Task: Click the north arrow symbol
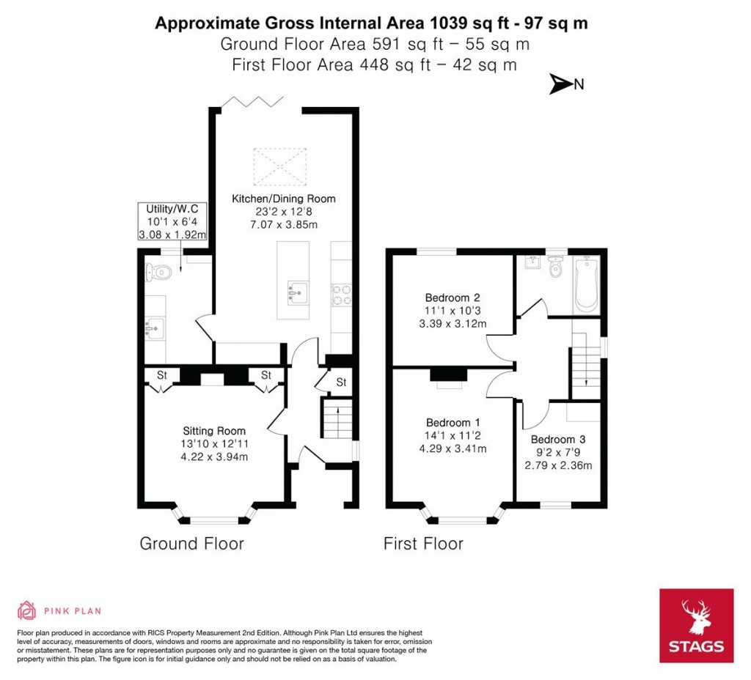click(x=561, y=84)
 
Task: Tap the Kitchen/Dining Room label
click(x=283, y=199)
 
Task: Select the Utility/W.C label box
click(x=172, y=222)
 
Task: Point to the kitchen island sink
click(x=297, y=293)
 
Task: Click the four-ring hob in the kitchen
click(x=342, y=294)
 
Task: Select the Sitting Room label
click(x=213, y=431)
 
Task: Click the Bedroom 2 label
click(x=452, y=297)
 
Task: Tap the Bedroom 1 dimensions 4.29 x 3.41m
click(x=453, y=448)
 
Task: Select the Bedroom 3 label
click(x=558, y=440)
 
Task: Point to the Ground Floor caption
click(x=191, y=544)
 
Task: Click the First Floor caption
click(x=423, y=544)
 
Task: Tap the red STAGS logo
click(x=695, y=625)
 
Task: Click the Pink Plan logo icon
click(x=26, y=610)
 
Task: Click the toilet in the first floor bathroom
click(x=555, y=269)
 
